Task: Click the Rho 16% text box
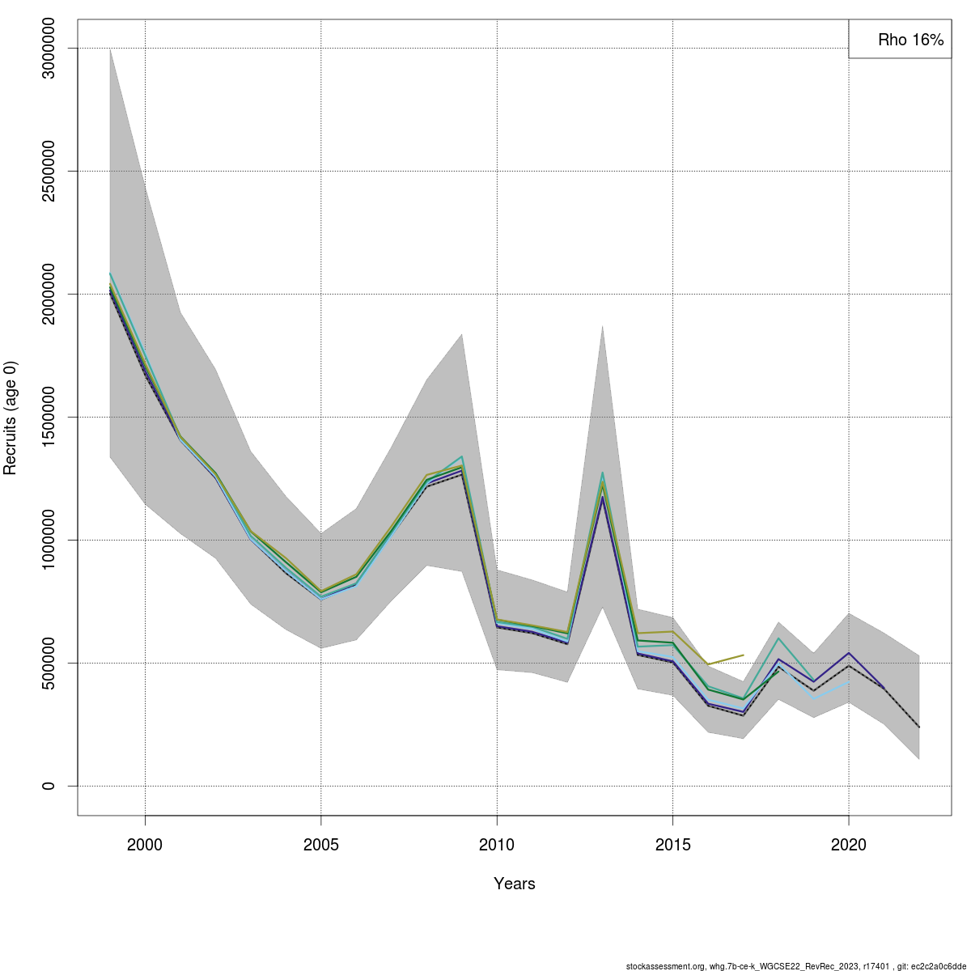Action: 900,40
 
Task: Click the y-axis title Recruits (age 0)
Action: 11,418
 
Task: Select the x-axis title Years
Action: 514,884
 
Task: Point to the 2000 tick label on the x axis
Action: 145,845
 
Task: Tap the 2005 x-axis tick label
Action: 321,845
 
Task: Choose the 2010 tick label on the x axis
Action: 497,845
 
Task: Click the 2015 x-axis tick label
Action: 672,845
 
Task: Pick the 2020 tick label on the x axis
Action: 848,845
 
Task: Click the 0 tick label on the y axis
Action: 49,786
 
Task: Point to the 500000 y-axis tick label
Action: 49,663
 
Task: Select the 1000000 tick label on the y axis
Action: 49,540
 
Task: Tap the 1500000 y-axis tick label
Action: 49,417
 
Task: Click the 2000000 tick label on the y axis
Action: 49,294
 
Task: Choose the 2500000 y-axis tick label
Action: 49,171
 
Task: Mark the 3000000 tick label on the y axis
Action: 49,49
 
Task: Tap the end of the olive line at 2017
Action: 743,655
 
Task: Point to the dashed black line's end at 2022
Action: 918,727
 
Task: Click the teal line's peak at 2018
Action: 778,638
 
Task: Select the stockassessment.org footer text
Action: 795,966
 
